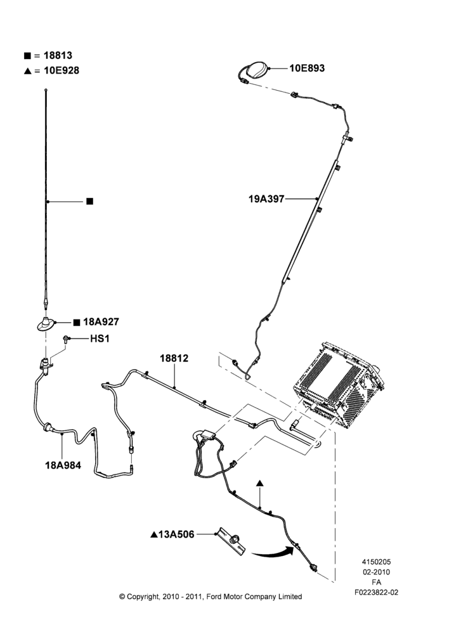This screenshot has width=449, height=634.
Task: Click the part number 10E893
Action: [307, 68]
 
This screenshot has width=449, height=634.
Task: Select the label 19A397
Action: [266, 199]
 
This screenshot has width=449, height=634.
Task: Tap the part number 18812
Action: [174, 358]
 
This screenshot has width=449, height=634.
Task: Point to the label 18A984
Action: [63, 465]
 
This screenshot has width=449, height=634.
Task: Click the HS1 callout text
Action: [100, 339]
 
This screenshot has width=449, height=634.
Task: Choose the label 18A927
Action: [101, 322]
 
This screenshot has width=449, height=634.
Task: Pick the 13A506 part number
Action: [176, 534]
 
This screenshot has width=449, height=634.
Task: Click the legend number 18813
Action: [58, 55]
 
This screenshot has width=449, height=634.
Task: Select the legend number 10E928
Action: [62, 70]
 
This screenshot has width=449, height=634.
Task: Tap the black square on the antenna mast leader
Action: [90, 202]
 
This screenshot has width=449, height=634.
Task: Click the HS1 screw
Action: [65, 339]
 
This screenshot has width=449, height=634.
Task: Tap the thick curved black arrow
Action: [273, 552]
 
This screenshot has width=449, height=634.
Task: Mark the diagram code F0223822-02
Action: [376, 592]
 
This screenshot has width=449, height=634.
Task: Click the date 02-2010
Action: [376, 572]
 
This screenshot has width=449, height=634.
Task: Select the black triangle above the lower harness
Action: [259, 483]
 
